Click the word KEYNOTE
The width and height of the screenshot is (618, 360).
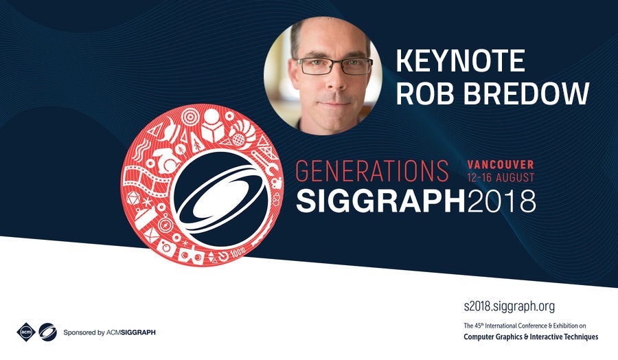[x=460, y=60]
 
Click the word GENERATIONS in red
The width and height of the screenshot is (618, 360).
[x=371, y=171]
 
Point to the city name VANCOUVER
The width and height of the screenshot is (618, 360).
[x=501, y=164]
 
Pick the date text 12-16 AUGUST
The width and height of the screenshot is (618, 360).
[x=501, y=178]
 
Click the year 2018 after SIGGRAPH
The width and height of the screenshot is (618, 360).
[x=501, y=201]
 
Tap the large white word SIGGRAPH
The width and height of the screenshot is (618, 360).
[x=380, y=201]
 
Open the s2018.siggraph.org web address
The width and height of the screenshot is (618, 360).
[x=510, y=306]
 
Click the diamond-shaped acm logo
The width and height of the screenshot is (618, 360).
[x=26, y=332]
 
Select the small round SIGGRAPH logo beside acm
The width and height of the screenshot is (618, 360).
[x=47, y=332]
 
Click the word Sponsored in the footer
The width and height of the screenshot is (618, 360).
[x=79, y=333]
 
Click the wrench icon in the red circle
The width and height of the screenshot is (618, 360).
[x=267, y=165]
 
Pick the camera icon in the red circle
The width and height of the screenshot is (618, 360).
[x=166, y=247]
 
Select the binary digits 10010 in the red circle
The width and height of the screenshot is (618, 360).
[x=238, y=253]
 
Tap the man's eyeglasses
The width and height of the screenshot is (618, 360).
[x=334, y=66]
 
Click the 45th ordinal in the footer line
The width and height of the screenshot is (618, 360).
[x=478, y=326]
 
